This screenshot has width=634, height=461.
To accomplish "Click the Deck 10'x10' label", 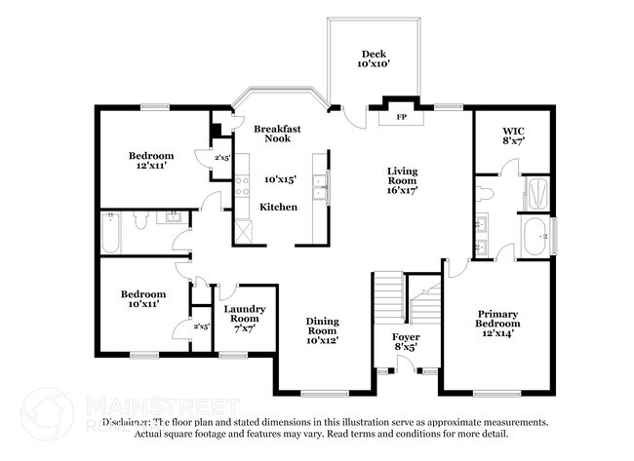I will [376, 59].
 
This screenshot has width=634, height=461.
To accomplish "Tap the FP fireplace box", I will [401, 118].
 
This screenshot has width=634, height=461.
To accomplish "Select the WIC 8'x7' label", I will [513, 135].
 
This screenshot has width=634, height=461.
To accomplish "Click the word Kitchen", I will [278, 207].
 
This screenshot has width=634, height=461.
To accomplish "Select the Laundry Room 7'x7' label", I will [243, 319].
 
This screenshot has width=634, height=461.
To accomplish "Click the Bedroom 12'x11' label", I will [151, 161].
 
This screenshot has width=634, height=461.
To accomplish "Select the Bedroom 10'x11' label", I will [142, 299].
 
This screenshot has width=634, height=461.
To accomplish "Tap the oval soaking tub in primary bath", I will [535, 237].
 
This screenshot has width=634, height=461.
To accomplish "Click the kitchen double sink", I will [318, 185].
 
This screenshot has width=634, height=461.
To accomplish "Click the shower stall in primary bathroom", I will [535, 188].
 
